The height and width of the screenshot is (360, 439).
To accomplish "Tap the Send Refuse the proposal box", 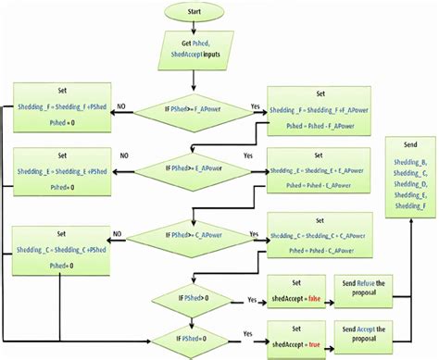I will [x=362, y=292].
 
